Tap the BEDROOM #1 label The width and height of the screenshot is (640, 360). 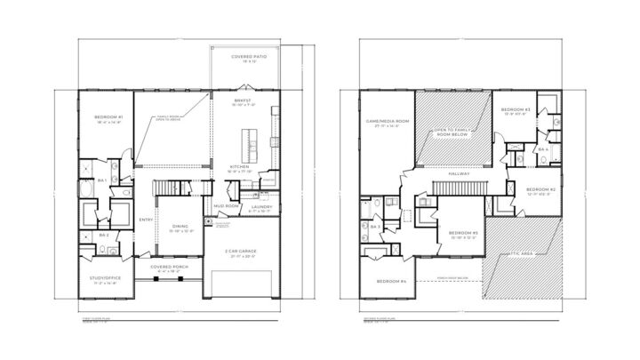tap(108, 117)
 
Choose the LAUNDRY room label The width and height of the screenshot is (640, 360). tap(260, 206)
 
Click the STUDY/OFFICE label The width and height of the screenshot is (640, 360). tap(106, 278)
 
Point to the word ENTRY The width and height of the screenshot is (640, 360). tap(146, 221)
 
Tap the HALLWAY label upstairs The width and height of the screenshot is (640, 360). tap(460, 173)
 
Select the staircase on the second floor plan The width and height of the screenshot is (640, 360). tap(458, 187)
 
